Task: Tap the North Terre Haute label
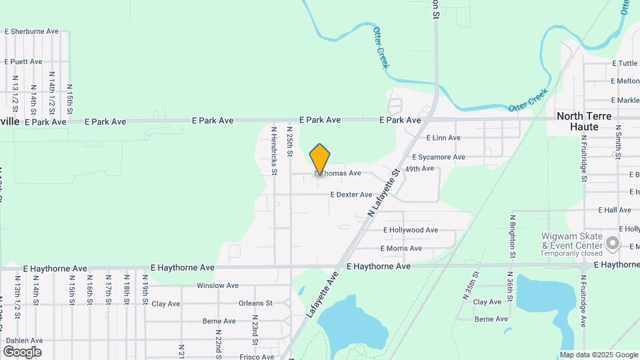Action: point(584,121)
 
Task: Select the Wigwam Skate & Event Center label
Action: point(572,241)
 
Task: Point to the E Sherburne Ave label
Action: point(32,31)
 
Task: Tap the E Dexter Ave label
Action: point(351,195)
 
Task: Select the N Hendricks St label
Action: point(274,150)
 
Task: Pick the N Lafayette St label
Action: point(383,192)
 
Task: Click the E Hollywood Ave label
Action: point(410,230)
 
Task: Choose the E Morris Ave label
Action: point(401,249)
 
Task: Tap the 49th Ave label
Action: point(419,169)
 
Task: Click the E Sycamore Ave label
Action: point(438,157)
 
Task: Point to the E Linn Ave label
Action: point(443,138)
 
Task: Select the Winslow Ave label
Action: point(217,286)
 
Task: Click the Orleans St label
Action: point(255,303)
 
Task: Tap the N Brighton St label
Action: point(513,236)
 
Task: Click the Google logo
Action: point(22,352)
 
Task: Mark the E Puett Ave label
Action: point(23,61)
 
